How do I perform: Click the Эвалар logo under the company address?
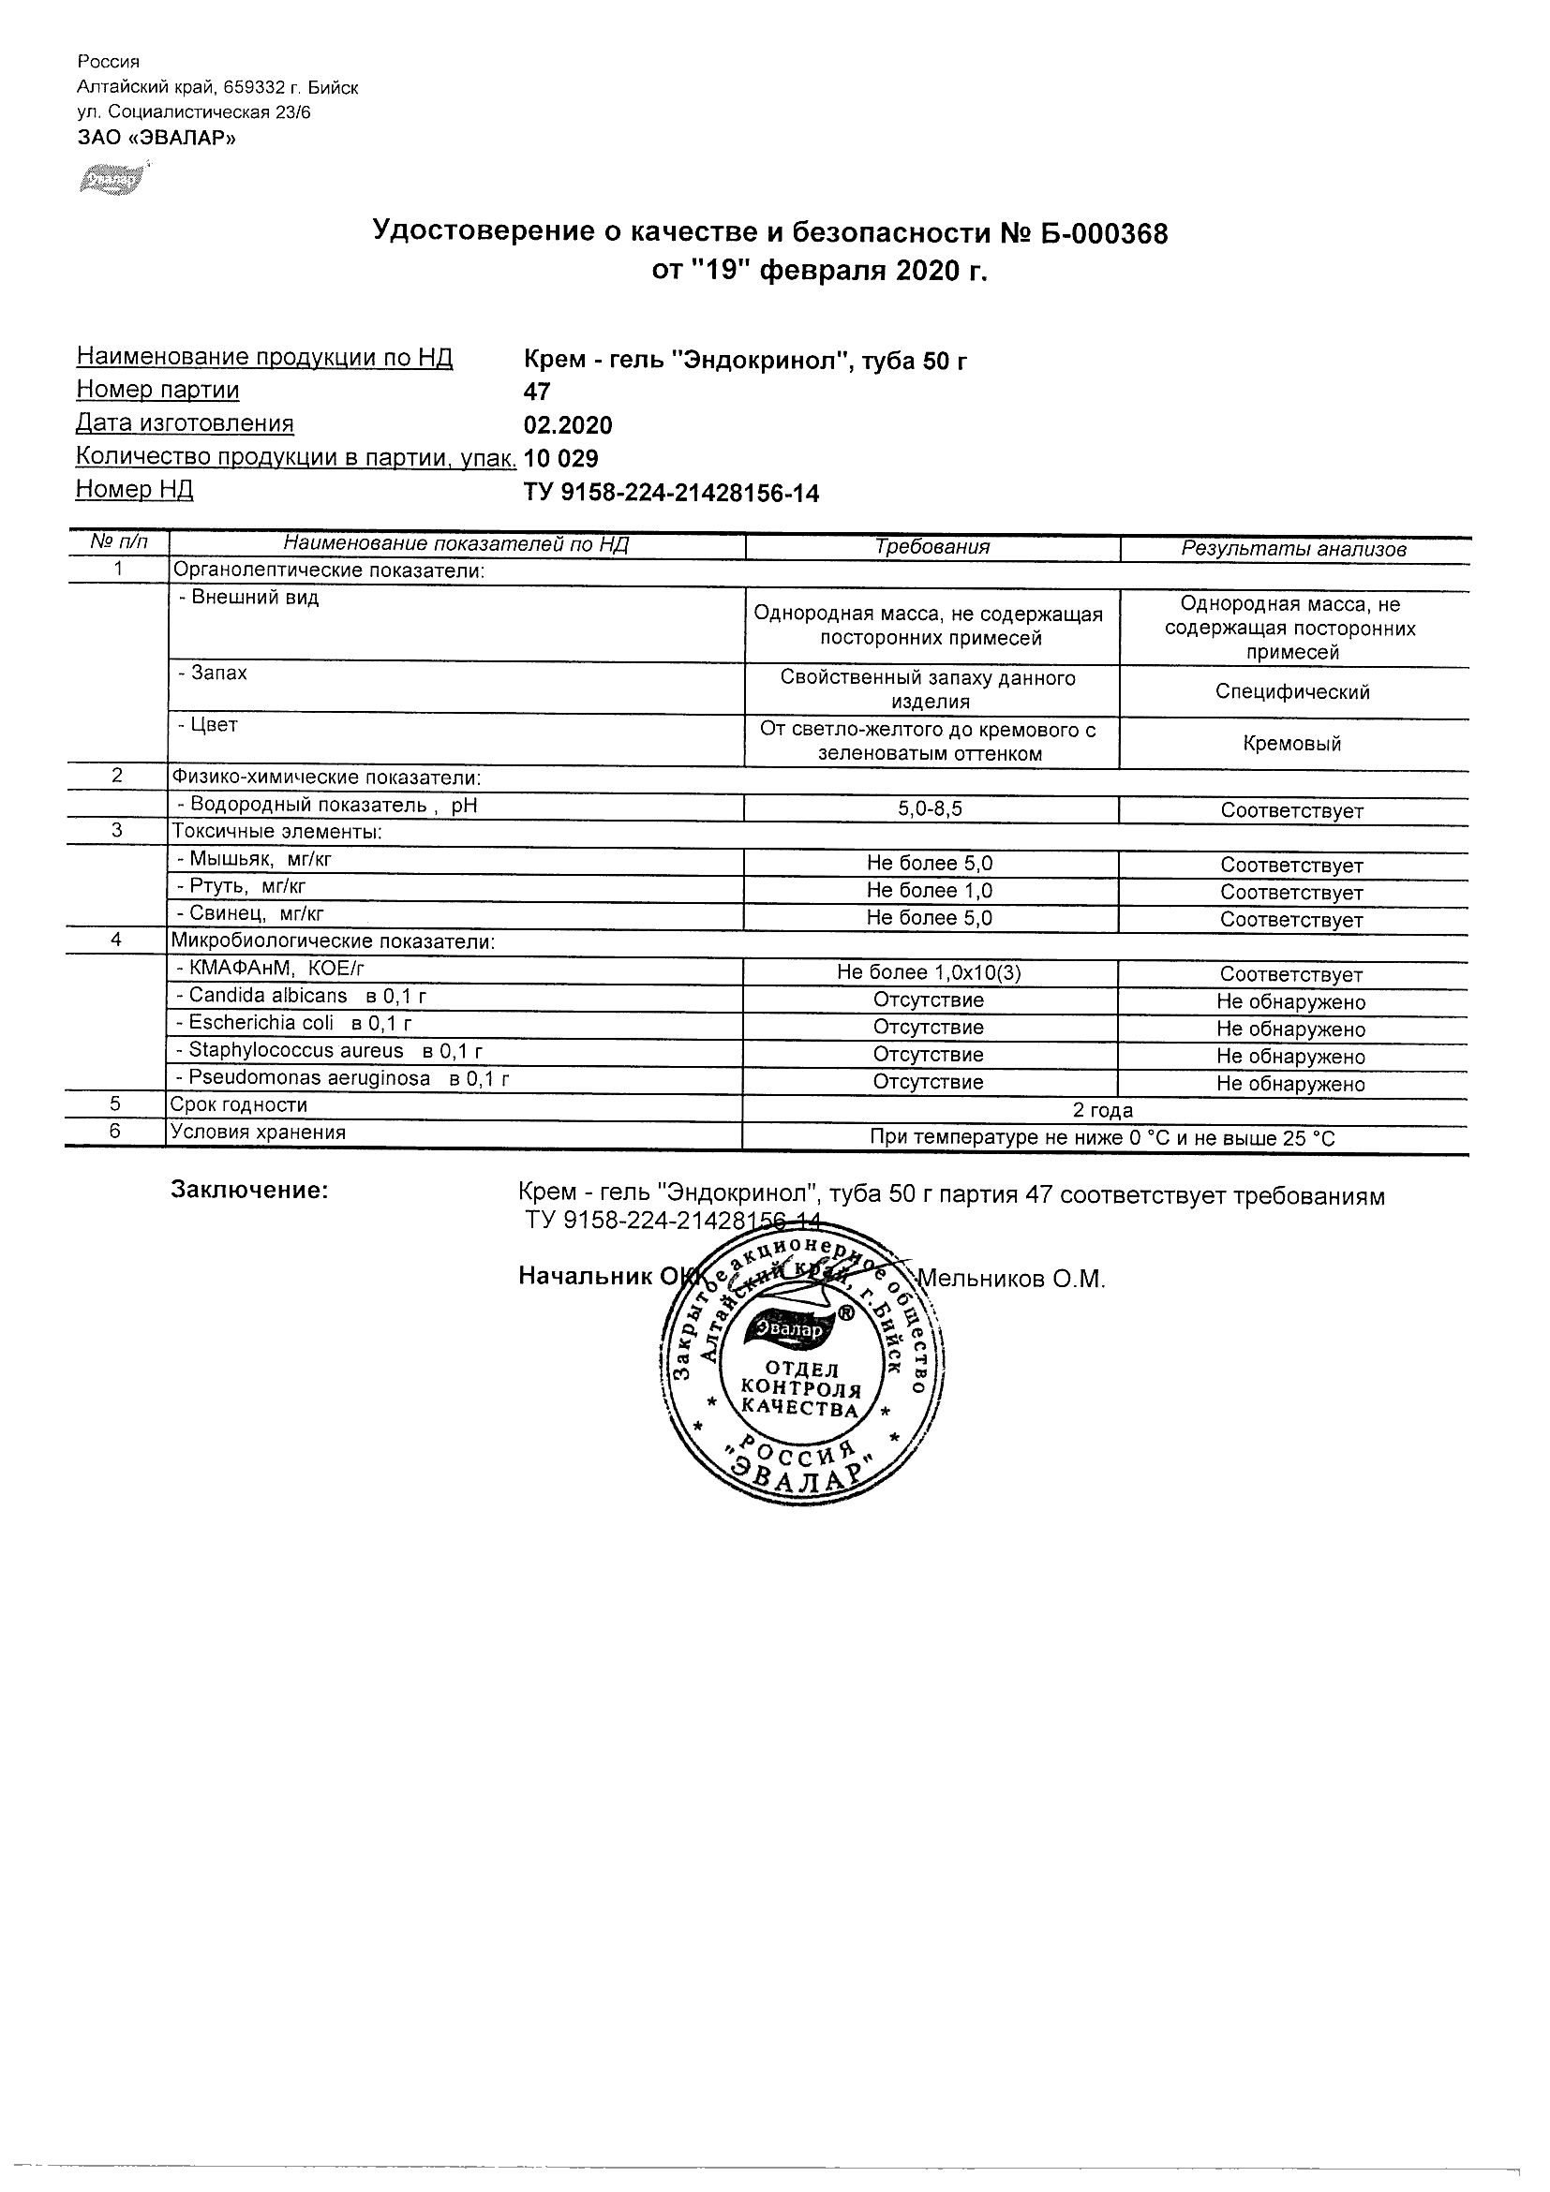pos(112,180)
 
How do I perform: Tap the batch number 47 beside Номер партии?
pos(538,392)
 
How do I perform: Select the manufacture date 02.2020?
pos(568,426)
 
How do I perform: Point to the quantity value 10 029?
pos(561,459)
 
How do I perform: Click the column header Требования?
pos(932,548)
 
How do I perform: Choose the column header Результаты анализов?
pos(1294,550)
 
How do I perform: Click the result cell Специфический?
pos(1292,692)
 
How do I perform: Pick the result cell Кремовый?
pos(1292,745)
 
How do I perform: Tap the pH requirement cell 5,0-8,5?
pos(931,809)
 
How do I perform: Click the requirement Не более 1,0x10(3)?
pos(930,973)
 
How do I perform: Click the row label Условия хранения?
pos(258,1133)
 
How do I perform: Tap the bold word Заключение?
pos(249,1191)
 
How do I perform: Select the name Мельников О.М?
pos(1010,1280)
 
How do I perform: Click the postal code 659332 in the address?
pos(255,88)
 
